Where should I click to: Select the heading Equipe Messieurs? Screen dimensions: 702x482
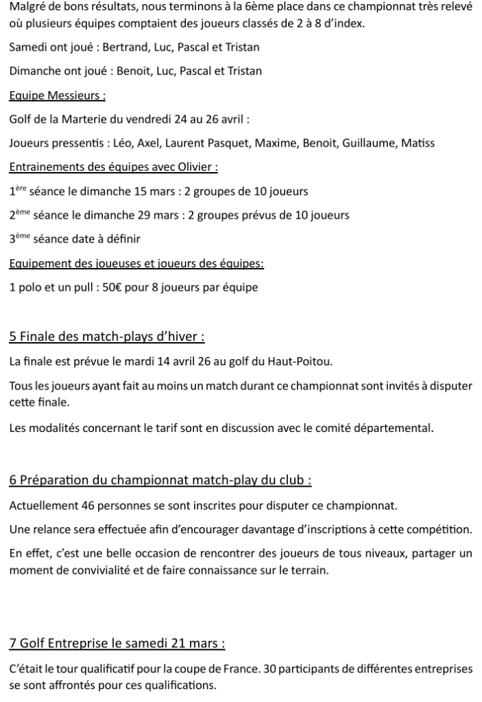58,95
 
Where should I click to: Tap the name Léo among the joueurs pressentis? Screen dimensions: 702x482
119,143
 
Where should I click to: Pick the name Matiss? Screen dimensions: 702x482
418,143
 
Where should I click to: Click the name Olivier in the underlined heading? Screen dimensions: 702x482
195,167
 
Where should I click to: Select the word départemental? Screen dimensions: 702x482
393,429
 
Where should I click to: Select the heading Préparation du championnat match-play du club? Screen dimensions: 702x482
160,481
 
